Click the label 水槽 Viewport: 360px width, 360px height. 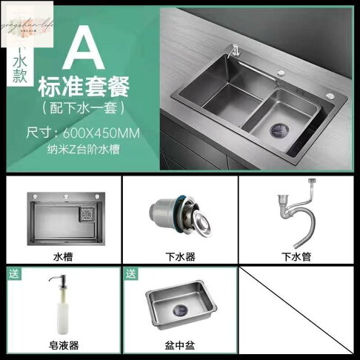coord(62,257)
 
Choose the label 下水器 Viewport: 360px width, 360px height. coord(179,257)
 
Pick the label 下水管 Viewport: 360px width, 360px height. coord(293,257)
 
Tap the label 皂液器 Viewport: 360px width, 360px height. coord(62,345)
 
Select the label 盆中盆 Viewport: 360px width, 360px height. coord(179,345)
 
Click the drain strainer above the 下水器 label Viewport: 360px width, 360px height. coord(178,216)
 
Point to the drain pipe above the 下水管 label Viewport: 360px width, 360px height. coord(293,215)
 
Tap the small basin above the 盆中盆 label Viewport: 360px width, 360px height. coord(179,304)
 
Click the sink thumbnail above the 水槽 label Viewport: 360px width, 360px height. coord(62,218)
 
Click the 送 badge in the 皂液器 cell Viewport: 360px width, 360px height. coord(14,274)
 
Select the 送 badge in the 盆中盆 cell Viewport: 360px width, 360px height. coord(131,274)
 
